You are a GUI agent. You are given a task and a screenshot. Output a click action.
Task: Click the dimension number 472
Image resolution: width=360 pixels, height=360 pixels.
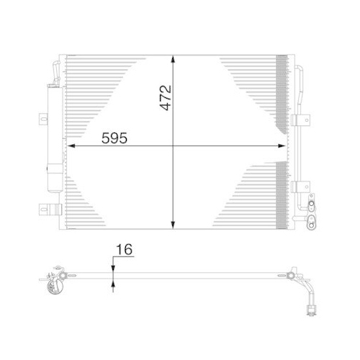point(165,94)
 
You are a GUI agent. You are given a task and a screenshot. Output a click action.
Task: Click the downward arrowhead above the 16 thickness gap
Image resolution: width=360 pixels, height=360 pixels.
point(112,267)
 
